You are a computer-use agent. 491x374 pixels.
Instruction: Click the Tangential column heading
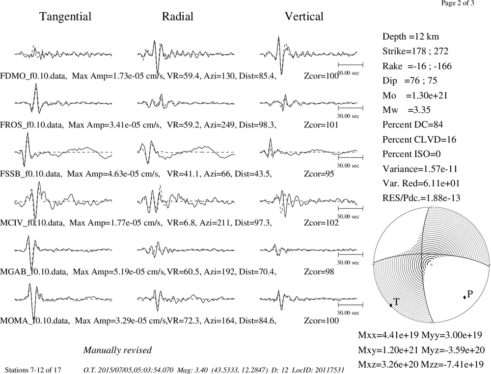tap(65, 17)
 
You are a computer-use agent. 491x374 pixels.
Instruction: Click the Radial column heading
tap(178, 17)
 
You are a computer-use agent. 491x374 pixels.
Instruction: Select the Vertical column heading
tap(304, 17)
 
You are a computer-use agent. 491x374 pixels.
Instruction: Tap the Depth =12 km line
tap(410, 37)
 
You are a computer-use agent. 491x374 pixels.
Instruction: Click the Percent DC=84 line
tap(413, 125)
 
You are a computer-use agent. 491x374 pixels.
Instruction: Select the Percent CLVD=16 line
tap(419, 140)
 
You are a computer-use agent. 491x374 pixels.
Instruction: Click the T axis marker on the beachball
tap(391, 305)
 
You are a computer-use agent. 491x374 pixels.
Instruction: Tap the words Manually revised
tap(117, 350)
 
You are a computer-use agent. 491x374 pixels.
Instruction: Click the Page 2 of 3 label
tap(458, 3)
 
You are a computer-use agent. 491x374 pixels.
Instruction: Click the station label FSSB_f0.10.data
tap(31, 174)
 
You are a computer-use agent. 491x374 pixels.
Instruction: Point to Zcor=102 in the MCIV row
tap(321, 223)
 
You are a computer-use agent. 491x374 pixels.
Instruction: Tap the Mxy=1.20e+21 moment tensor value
tap(388, 349)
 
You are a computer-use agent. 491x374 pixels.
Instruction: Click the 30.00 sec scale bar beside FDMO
tap(351, 65)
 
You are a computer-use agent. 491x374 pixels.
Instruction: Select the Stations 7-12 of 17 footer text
tap(33, 370)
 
